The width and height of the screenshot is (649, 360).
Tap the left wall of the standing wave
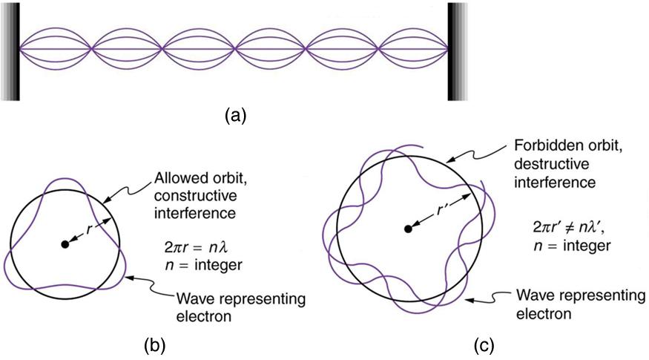coord(11,50)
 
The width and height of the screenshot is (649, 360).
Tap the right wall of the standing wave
coord(458,50)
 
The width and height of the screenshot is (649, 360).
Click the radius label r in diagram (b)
coord(89,230)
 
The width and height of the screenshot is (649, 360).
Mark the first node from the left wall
coord(90,50)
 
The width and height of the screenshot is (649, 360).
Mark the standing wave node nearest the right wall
coord(379,50)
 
